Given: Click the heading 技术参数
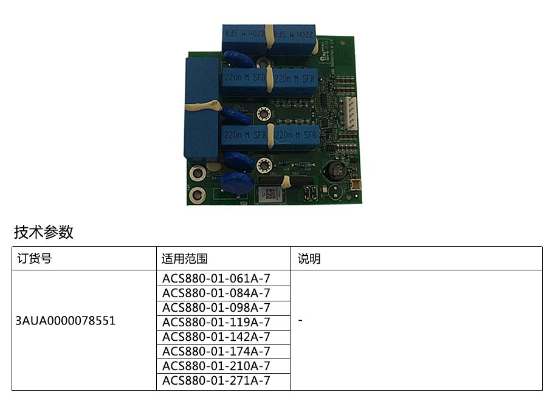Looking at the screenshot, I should tap(44, 232).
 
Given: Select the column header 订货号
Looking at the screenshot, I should tap(34, 259).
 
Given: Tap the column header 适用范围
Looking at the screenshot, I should tap(185, 259).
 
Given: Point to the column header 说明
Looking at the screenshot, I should tap(309, 259).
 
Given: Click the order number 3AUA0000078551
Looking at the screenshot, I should tap(66, 321).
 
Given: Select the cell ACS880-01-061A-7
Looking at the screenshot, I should tap(216, 278).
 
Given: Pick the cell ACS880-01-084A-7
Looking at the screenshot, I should tap(216, 293).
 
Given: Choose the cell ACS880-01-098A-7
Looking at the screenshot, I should tap(216, 307).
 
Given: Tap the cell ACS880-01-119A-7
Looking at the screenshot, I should tap(216, 322).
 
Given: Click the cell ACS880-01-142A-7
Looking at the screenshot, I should tap(216, 337).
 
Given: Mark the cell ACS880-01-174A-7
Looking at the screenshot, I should tap(216, 351).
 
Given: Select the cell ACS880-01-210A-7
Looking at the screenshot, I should tap(216, 366).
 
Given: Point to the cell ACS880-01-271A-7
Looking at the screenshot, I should tap(216, 380).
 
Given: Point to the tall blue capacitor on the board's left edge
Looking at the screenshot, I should tap(201, 109).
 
